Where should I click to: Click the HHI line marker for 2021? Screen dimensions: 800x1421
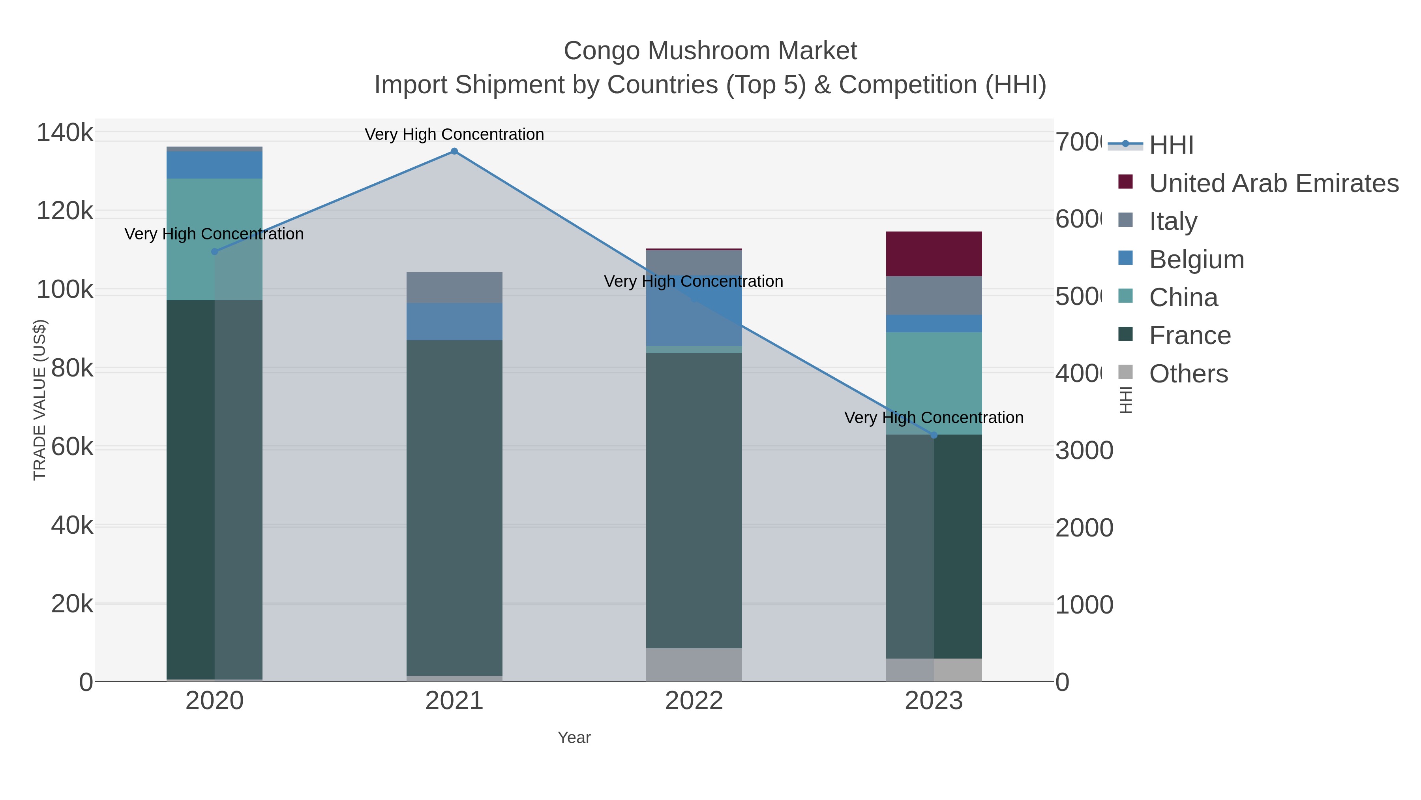(x=454, y=151)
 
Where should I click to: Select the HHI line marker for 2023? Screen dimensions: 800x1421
(x=934, y=435)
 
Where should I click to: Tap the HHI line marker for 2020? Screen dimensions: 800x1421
(x=215, y=252)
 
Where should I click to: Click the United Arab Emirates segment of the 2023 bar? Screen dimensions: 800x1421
(x=934, y=254)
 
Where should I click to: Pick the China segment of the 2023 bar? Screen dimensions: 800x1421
(x=934, y=383)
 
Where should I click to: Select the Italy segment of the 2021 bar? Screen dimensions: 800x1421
(x=454, y=288)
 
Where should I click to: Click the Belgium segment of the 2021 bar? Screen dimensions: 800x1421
(x=454, y=321)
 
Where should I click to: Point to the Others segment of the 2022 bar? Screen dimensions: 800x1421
(x=694, y=665)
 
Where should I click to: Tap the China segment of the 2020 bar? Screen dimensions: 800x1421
(x=215, y=240)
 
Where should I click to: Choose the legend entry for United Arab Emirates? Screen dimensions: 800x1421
(x=1273, y=183)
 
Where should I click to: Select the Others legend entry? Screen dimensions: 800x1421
(x=1188, y=374)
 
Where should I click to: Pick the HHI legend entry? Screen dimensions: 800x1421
(x=1171, y=145)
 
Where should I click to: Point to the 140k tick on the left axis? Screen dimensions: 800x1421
(x=65, y=133)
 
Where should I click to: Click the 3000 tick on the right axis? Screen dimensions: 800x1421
(x=1084, y=450)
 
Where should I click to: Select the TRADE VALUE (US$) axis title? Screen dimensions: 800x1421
(x=40, y=400)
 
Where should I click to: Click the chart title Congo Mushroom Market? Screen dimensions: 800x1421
(x=710, y=51)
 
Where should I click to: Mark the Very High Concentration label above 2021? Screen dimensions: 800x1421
(x=454, y=134)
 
